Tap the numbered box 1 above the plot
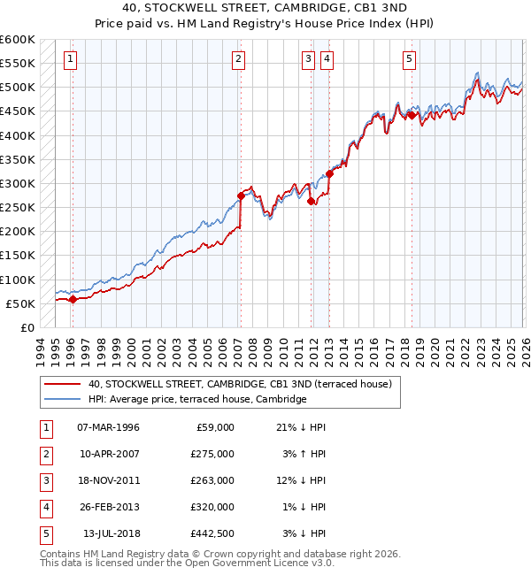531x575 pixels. (x=70, y=59)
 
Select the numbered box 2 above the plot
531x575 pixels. (x=239, y=59)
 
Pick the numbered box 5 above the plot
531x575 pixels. (x=410, y=59)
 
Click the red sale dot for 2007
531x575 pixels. (x=241, y=195)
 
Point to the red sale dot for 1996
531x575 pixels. (x=73, y=299)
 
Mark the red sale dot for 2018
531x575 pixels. (x=412, y=115)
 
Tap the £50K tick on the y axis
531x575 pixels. (x=21, y=303)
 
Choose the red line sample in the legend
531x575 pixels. (x=62, y=384)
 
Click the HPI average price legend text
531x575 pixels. (x=196, y=399)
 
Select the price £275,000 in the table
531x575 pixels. (x=212, y=454)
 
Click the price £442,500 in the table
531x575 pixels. (x=212, y=533)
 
